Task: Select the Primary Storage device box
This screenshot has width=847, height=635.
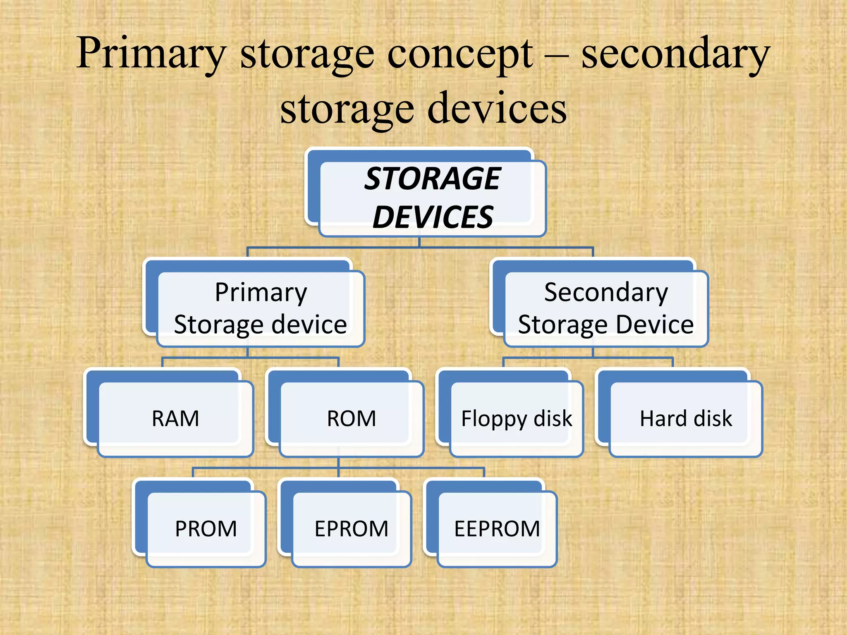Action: tap(261, 308)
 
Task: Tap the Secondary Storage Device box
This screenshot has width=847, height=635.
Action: tap(605, 308)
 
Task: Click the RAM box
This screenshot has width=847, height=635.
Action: tap(175, 418)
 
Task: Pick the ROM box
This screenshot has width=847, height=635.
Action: tap(352, 418)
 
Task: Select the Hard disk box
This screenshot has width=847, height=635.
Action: tap(686, 418)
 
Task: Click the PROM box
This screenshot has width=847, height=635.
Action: tap(206, 529)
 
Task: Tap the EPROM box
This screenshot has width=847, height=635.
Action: tap(352, 529)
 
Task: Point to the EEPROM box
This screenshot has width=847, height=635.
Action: tap(497, 529)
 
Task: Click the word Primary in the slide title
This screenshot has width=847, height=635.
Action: tap(151, 54)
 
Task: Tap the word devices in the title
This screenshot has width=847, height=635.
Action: tap(496, 108)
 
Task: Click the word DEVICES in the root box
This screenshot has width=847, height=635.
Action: tap(433, 217)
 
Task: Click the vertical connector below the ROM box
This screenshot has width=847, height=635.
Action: tap(338, 463)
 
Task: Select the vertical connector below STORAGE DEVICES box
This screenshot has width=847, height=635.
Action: tap(419, 242)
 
